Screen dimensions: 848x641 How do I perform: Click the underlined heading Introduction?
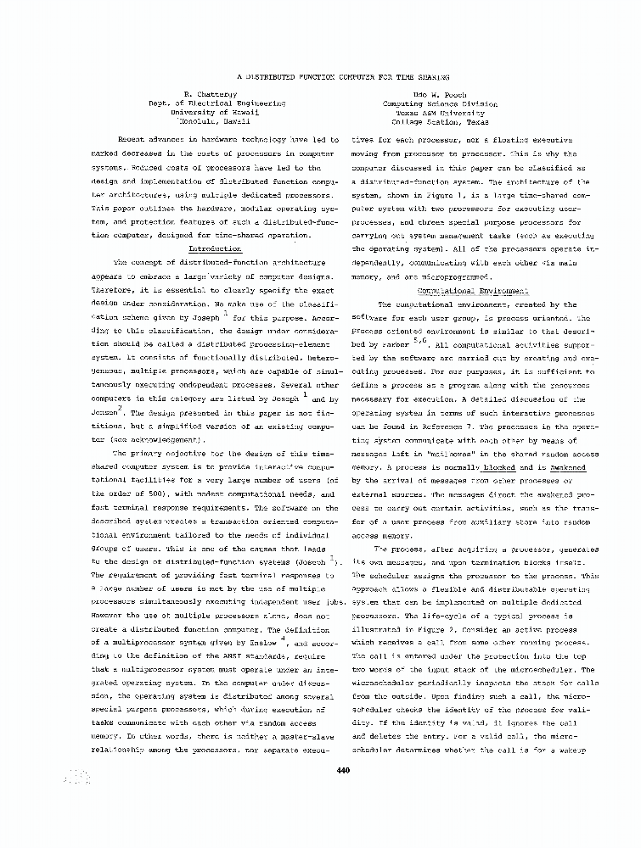(215, 250)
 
